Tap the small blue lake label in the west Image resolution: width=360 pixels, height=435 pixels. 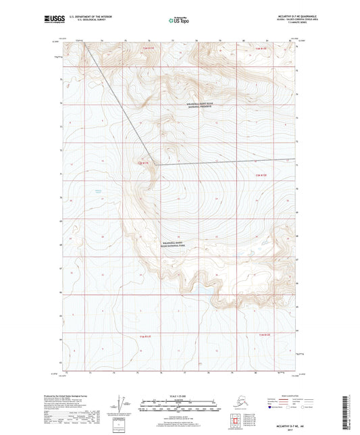(x=99, y=192)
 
